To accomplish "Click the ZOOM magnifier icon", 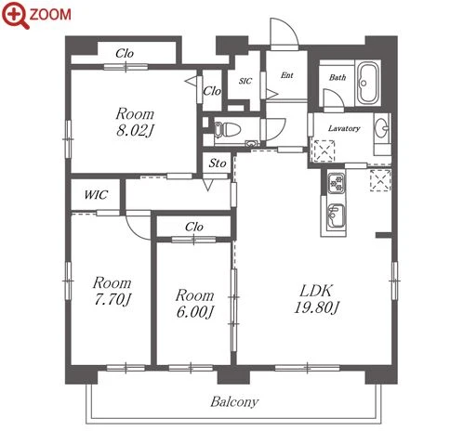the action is coord(15,15).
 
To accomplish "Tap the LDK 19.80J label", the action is coord(316,299).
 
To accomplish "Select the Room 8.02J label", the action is coord(135,123).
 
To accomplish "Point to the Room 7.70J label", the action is coord(112,291).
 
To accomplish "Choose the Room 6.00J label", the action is coord(195,304).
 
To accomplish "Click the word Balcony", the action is coord(234,402).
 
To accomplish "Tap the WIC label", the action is coord(96,195).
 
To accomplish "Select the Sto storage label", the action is coord(218,163).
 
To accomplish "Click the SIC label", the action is coord(245,81).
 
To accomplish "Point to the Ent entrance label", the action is coord(287,75).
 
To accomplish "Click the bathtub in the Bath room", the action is coord(368,83).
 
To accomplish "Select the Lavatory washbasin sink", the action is coord(381,127).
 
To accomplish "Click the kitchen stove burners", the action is coord(337,183).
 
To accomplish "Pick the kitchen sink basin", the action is coord(336,215).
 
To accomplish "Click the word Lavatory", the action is coord(344,128).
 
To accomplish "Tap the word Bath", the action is coord(337,77).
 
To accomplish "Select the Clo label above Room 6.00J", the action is coord(194,227).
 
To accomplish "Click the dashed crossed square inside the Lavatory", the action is coord(324,151).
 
